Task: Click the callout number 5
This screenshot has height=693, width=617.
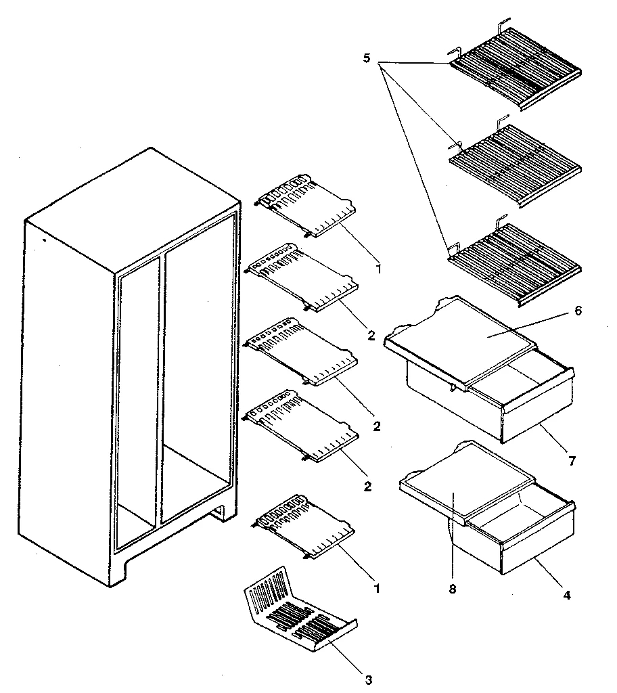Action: click(366, 59)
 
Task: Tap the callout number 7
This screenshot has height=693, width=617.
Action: click(572, 461)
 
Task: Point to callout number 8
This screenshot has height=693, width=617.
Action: click(452, 588)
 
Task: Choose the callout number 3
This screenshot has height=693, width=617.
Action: click(369, 679)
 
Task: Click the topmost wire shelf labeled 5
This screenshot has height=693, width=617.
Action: click(514, 68)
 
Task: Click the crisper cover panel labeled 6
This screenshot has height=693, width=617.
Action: click(467, 335)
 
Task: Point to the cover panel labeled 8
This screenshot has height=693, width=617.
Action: click(467, 484)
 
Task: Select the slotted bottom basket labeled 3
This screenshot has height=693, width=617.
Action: click(298, 612)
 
